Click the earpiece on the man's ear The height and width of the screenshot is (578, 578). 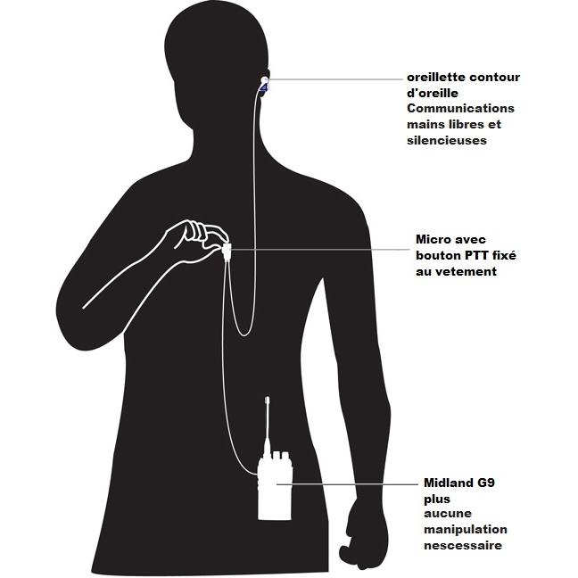[264, 85]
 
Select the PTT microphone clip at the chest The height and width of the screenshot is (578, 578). [227, 251]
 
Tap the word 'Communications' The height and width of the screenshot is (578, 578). [460, 109]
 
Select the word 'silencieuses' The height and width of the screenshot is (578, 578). [447, 140]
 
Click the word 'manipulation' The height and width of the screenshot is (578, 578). [466, 530]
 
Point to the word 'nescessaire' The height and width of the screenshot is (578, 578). [463, 546]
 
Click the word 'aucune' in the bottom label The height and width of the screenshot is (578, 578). [448, 514]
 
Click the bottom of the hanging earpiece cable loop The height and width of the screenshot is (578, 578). [244, 335]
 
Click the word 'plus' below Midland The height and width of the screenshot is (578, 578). [437, 500]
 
